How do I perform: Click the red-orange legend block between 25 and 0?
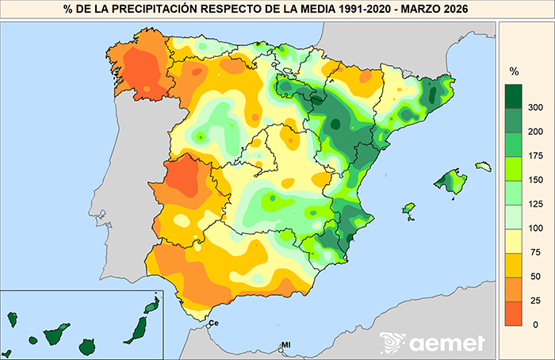(x=514, y=311)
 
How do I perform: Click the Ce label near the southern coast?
(x=212, y=323)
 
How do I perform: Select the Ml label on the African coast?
(x=286, y=346)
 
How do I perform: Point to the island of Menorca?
(x=483, y=167)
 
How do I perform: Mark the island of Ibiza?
(x=410, y=209)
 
